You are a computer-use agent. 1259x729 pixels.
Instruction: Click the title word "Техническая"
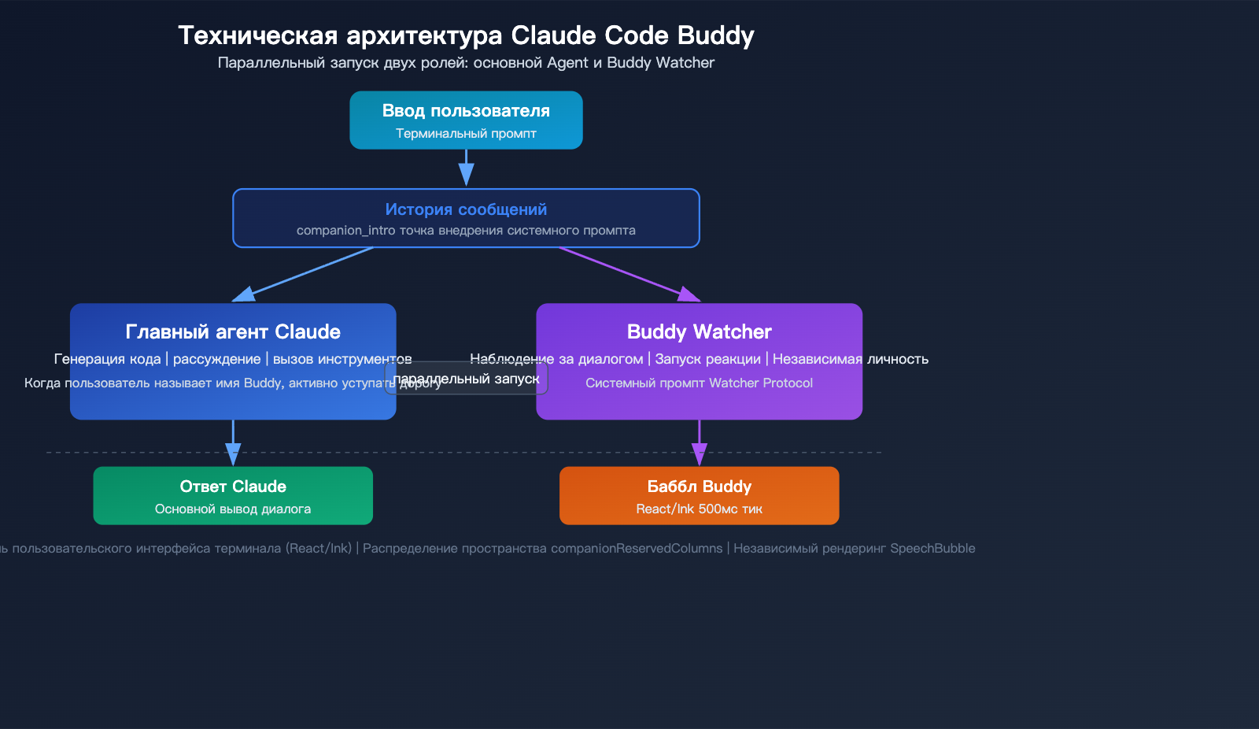click(x=257, y=35)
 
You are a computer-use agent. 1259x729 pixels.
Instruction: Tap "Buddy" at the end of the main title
click(x=715, y=35)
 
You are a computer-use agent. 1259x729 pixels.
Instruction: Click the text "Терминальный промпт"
click(x=466, y=134)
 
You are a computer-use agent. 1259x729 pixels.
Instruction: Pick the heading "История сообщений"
click(x=466, y=209)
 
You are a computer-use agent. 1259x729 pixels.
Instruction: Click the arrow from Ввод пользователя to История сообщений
click(x=466, y=168)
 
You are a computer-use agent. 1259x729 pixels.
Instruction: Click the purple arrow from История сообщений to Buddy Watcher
click(x=629, y=274)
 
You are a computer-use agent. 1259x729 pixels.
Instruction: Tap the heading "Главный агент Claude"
click(x=233, y=331)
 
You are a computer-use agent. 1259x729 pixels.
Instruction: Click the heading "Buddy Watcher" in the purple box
click(x=699, y=331)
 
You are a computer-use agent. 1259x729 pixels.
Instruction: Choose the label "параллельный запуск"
click(x=466, y=379)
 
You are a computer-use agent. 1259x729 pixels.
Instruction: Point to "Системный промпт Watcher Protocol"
click(x=699, y=383)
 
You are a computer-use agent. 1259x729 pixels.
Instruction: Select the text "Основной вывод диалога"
click(x=233, y=509)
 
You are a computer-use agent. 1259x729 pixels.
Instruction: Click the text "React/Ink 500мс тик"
click(x=699, y=509)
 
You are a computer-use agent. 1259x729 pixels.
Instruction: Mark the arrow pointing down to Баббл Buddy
click(x=699, y=442)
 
